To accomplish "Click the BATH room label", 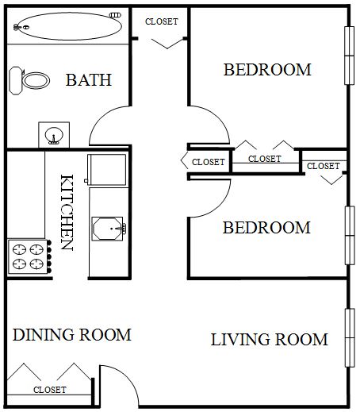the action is coord(89,80).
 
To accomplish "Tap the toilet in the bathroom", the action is coord(29,80).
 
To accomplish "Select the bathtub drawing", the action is coord(67,26).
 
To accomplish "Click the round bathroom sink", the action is coord(54,136).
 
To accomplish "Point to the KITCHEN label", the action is coord(67,212).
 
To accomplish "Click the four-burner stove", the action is coord(29,256).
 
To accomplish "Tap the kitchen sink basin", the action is coord(109,229).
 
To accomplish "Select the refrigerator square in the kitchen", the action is coord(107,170).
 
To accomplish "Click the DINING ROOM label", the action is coord(72,334).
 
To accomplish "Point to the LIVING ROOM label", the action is coord(269,339).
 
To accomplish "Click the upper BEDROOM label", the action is coord(267,70).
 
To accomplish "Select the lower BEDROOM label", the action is coord(266,228).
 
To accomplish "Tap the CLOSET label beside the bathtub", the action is coord(162,21).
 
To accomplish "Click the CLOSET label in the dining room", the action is coord(50,390).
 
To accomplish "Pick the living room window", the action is coord(350,337).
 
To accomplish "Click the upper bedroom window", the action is coord(349,56).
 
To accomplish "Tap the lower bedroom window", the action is coord(350,235).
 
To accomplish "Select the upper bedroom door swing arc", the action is coord(218,117).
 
